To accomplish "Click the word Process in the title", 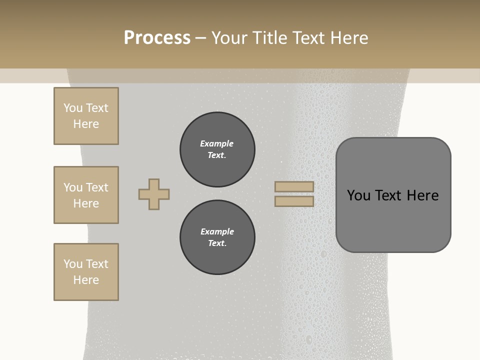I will pos(157,38).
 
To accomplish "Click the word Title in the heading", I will pos(270,38).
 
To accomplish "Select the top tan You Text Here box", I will pos(86,116).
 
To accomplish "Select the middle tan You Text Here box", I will pos(86,195).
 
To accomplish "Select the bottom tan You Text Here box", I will pos(86,272).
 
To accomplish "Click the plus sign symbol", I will pos(154,194).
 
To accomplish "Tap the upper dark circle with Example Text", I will pos(217,149).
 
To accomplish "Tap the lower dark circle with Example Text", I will pos(217,237).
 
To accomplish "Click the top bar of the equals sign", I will pos(294,187).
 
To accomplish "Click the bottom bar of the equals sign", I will pos(294,201).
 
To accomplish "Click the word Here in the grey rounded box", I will pos(423,195).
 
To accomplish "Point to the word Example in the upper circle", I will pos(217,143).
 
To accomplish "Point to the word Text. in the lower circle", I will pos(217,243).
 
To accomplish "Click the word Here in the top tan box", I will pos(86,124).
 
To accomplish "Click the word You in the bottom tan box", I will pos(73,264).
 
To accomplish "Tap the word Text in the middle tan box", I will pos(96,187).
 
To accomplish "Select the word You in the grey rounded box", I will pos(358,195).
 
